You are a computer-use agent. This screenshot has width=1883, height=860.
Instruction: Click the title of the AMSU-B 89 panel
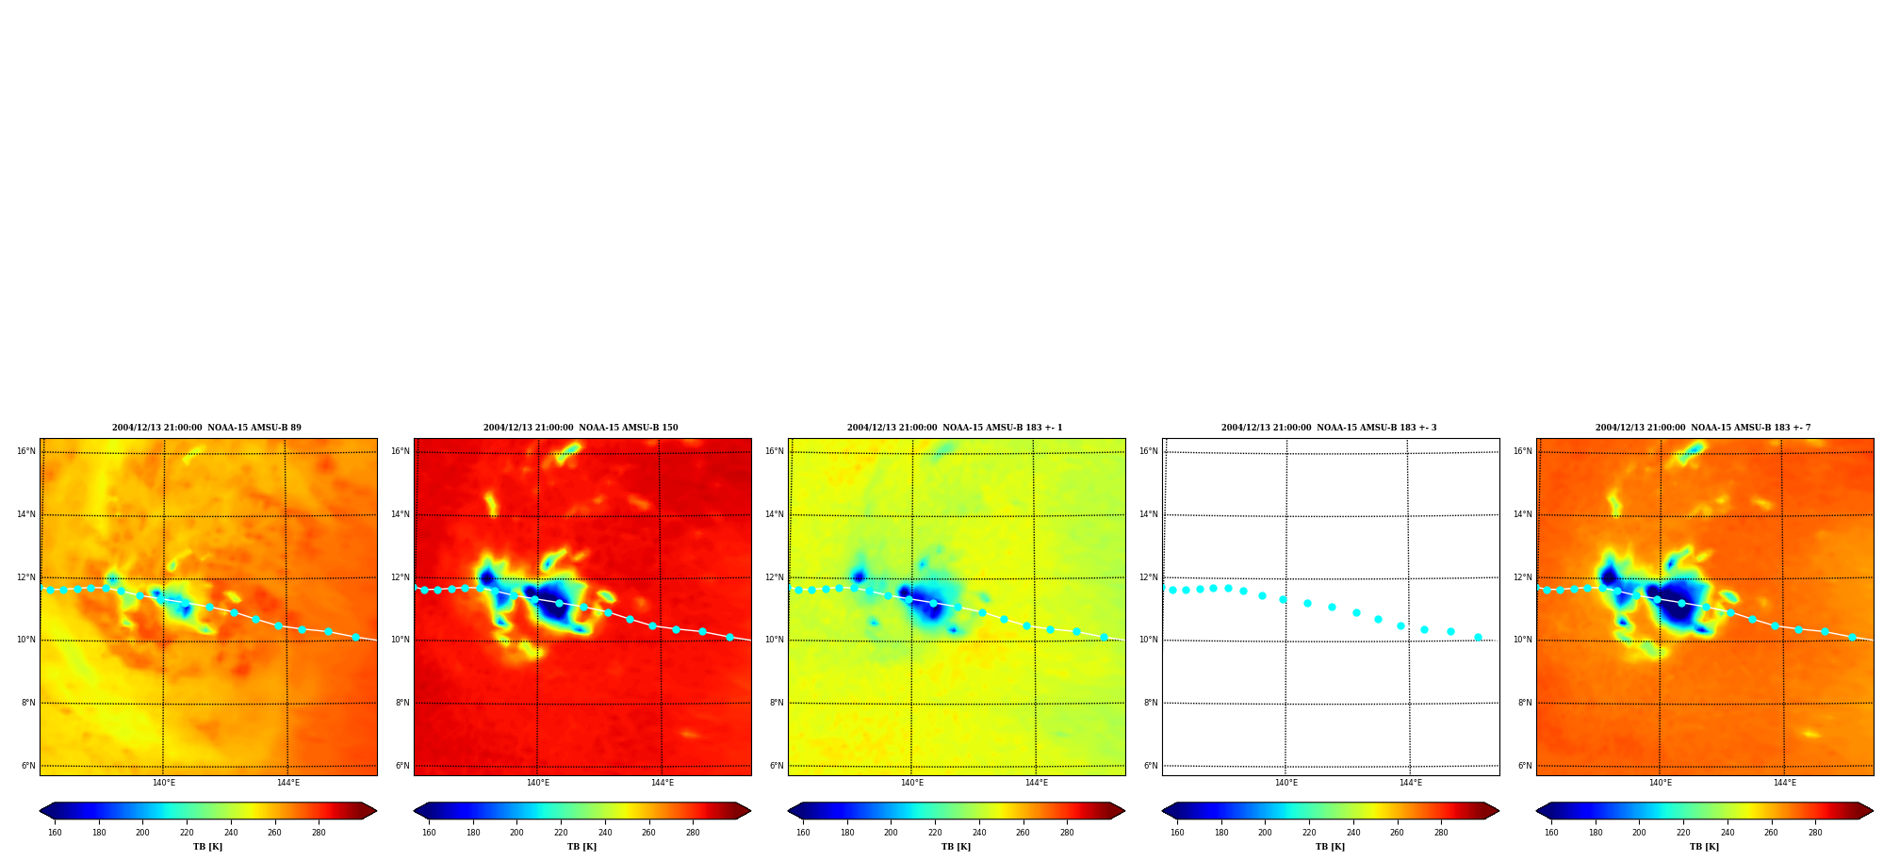206,428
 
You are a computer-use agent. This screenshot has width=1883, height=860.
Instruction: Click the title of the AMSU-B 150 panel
581,428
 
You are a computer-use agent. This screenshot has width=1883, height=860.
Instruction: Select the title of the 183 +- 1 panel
955,428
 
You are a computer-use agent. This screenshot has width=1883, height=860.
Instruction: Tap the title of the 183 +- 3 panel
1329,428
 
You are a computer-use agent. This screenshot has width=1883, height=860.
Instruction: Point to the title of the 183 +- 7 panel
1703,428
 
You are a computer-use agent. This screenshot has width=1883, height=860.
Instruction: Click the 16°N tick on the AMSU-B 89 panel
26,451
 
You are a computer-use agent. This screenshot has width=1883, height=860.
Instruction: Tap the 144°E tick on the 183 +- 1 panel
1036,783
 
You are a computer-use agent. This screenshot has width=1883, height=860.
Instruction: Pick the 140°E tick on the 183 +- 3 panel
1285,783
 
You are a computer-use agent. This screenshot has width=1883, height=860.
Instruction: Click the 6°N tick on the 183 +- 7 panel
1525,766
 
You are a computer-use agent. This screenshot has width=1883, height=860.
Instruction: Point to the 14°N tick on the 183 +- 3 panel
1149,514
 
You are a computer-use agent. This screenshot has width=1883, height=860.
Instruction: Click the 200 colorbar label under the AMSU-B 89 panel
142,833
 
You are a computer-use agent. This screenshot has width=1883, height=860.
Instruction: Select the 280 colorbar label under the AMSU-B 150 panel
693,833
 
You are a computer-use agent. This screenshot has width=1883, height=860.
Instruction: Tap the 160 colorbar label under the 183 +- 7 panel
1551,833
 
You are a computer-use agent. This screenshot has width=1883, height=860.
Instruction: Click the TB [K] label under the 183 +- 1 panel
956,847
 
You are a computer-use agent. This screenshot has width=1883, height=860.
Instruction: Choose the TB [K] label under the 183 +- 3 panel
1330,847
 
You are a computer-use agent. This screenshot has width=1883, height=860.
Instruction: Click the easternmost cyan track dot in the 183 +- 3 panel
1478,638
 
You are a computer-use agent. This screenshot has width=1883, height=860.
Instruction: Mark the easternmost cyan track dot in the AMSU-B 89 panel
355,638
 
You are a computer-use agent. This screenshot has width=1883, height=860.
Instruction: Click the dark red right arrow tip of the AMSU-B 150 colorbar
750,811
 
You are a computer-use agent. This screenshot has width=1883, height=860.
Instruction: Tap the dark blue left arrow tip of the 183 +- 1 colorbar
789,811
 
